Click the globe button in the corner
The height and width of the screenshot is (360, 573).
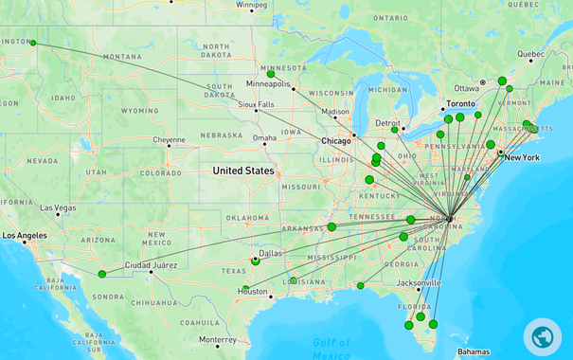pyautogui.click(x=543, y=336)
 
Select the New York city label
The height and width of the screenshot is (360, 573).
pyautogui.click(x=522, y=157)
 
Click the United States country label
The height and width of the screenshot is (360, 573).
pyautogui.click(x=243, y=171)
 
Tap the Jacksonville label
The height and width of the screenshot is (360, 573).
pyautogui.click(x=420, y=282)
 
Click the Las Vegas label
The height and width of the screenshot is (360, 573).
pyautogui.click(x=58, y=207)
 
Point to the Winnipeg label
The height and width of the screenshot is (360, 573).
pyautogui.click(x=252, y=5)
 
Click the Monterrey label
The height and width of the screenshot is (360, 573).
pyautogui.click(x=217, y=340)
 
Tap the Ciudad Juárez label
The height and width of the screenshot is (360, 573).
pyautogui.click(x=152, y=264)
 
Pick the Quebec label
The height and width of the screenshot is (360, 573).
pyautogui.click(x=530, y=54)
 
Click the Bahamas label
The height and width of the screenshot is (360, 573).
pyautogui.click(x=474, y=351)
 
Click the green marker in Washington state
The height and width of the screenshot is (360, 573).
pyautogui.click(x=33, y=43)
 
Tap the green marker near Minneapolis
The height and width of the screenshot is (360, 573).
pyautogui.click(x=272, y=73)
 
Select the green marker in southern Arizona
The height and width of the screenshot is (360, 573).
pyautogui.click(x=102, y=274)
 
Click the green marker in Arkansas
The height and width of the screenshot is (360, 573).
pyautogui.click(x=332, y=226)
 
